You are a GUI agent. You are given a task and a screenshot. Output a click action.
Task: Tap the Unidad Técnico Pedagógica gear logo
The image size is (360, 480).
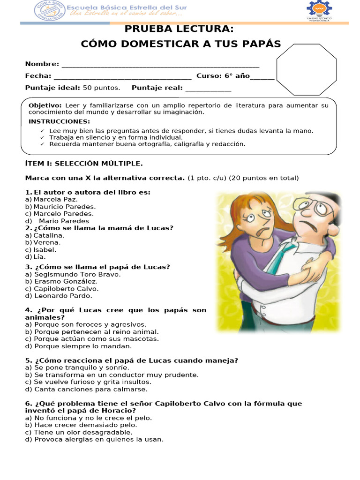tap(319, 10)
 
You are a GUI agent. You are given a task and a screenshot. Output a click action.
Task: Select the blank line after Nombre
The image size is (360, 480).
tap(160, 65)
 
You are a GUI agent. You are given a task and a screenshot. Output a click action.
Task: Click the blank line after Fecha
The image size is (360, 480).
tap(122, 76)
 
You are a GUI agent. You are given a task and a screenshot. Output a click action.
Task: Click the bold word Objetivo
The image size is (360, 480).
tap(45, 105)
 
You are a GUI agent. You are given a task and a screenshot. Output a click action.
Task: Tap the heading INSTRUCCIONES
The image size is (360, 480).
tap(59, 122)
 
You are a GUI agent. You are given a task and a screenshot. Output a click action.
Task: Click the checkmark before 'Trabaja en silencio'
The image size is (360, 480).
tap(42, 138)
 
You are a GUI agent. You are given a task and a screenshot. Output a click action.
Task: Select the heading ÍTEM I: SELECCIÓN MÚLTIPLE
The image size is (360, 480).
tap(83, 164)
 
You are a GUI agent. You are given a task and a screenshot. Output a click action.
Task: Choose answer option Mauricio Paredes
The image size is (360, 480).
tap(65, 207)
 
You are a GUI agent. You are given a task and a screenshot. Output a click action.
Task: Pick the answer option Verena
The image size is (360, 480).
tap(47, 243)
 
